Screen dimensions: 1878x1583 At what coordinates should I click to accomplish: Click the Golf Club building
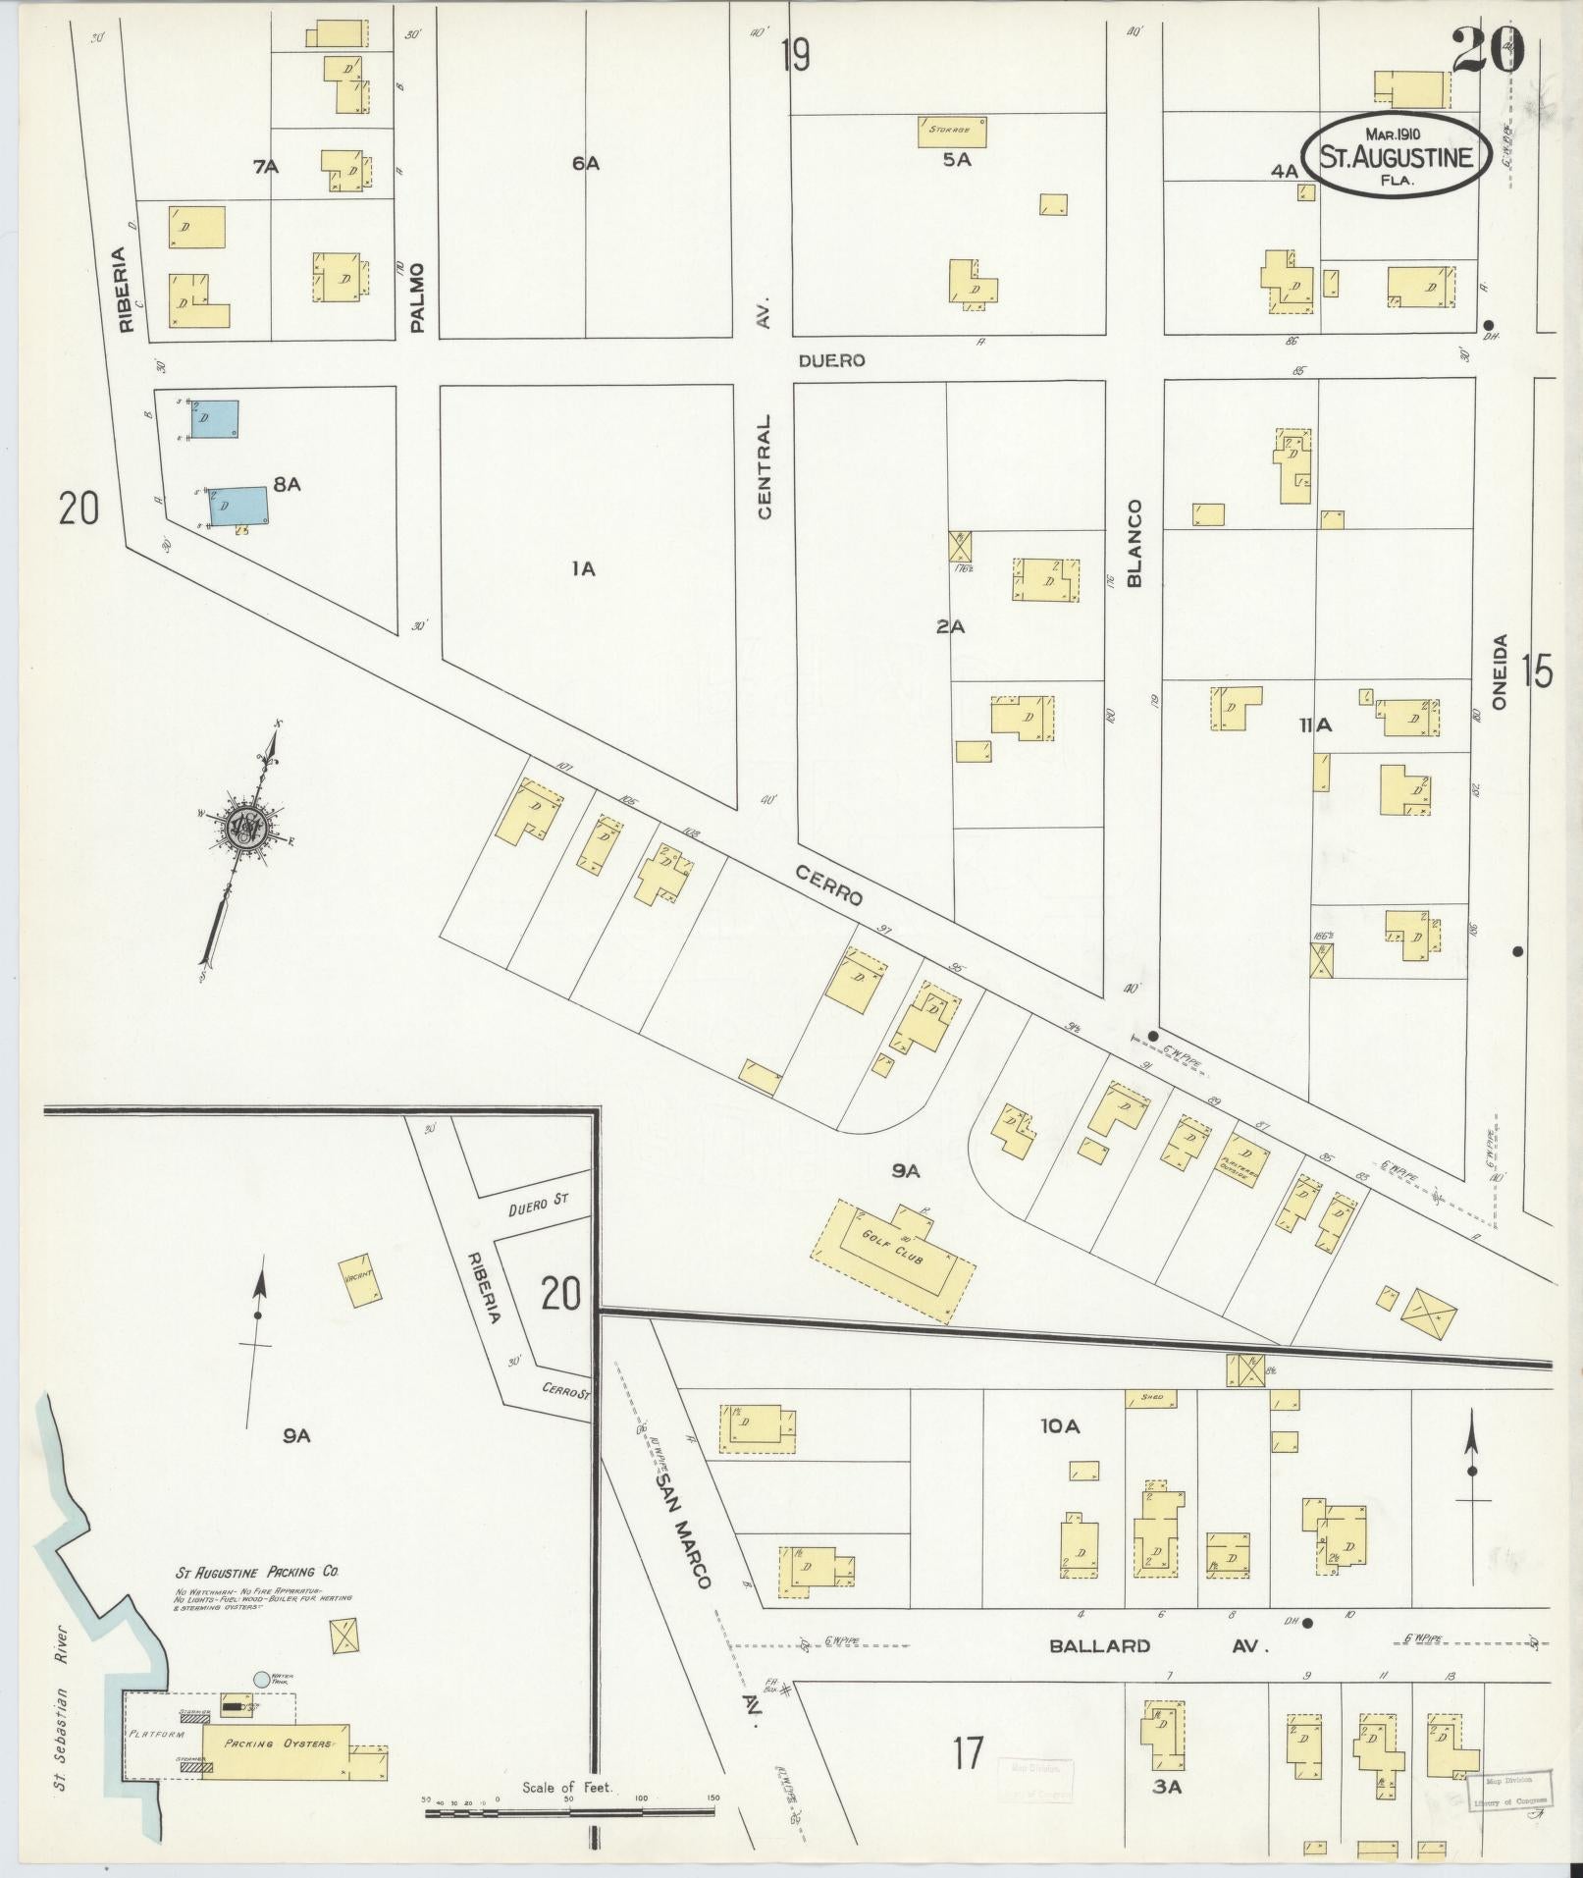[x=894, y=1258]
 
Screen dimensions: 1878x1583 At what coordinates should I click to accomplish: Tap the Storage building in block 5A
[x=951, y=132]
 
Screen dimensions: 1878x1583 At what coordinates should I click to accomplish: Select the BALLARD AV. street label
[x=1158, y=1646]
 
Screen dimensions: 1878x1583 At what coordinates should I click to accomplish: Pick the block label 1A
[x=583, y=568]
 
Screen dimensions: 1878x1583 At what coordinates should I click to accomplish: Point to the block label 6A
[x=585, y=164]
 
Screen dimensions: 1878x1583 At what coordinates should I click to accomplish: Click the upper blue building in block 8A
[x=215, y=419]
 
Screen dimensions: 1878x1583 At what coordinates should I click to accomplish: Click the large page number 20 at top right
[x=1488, y=51]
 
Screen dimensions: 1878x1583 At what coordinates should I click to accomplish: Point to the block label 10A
[x=1060, y=1426]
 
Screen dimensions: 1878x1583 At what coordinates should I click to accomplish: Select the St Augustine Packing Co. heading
[x=258, y=1572]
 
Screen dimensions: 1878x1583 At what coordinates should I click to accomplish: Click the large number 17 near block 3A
[x=967, y=1752]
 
